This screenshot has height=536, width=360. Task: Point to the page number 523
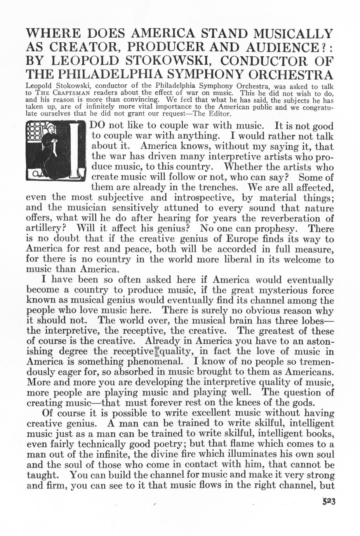pyautogui.click(x=328, y=501)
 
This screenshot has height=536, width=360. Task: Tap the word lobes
pyautogui.click(x=316, y=321)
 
